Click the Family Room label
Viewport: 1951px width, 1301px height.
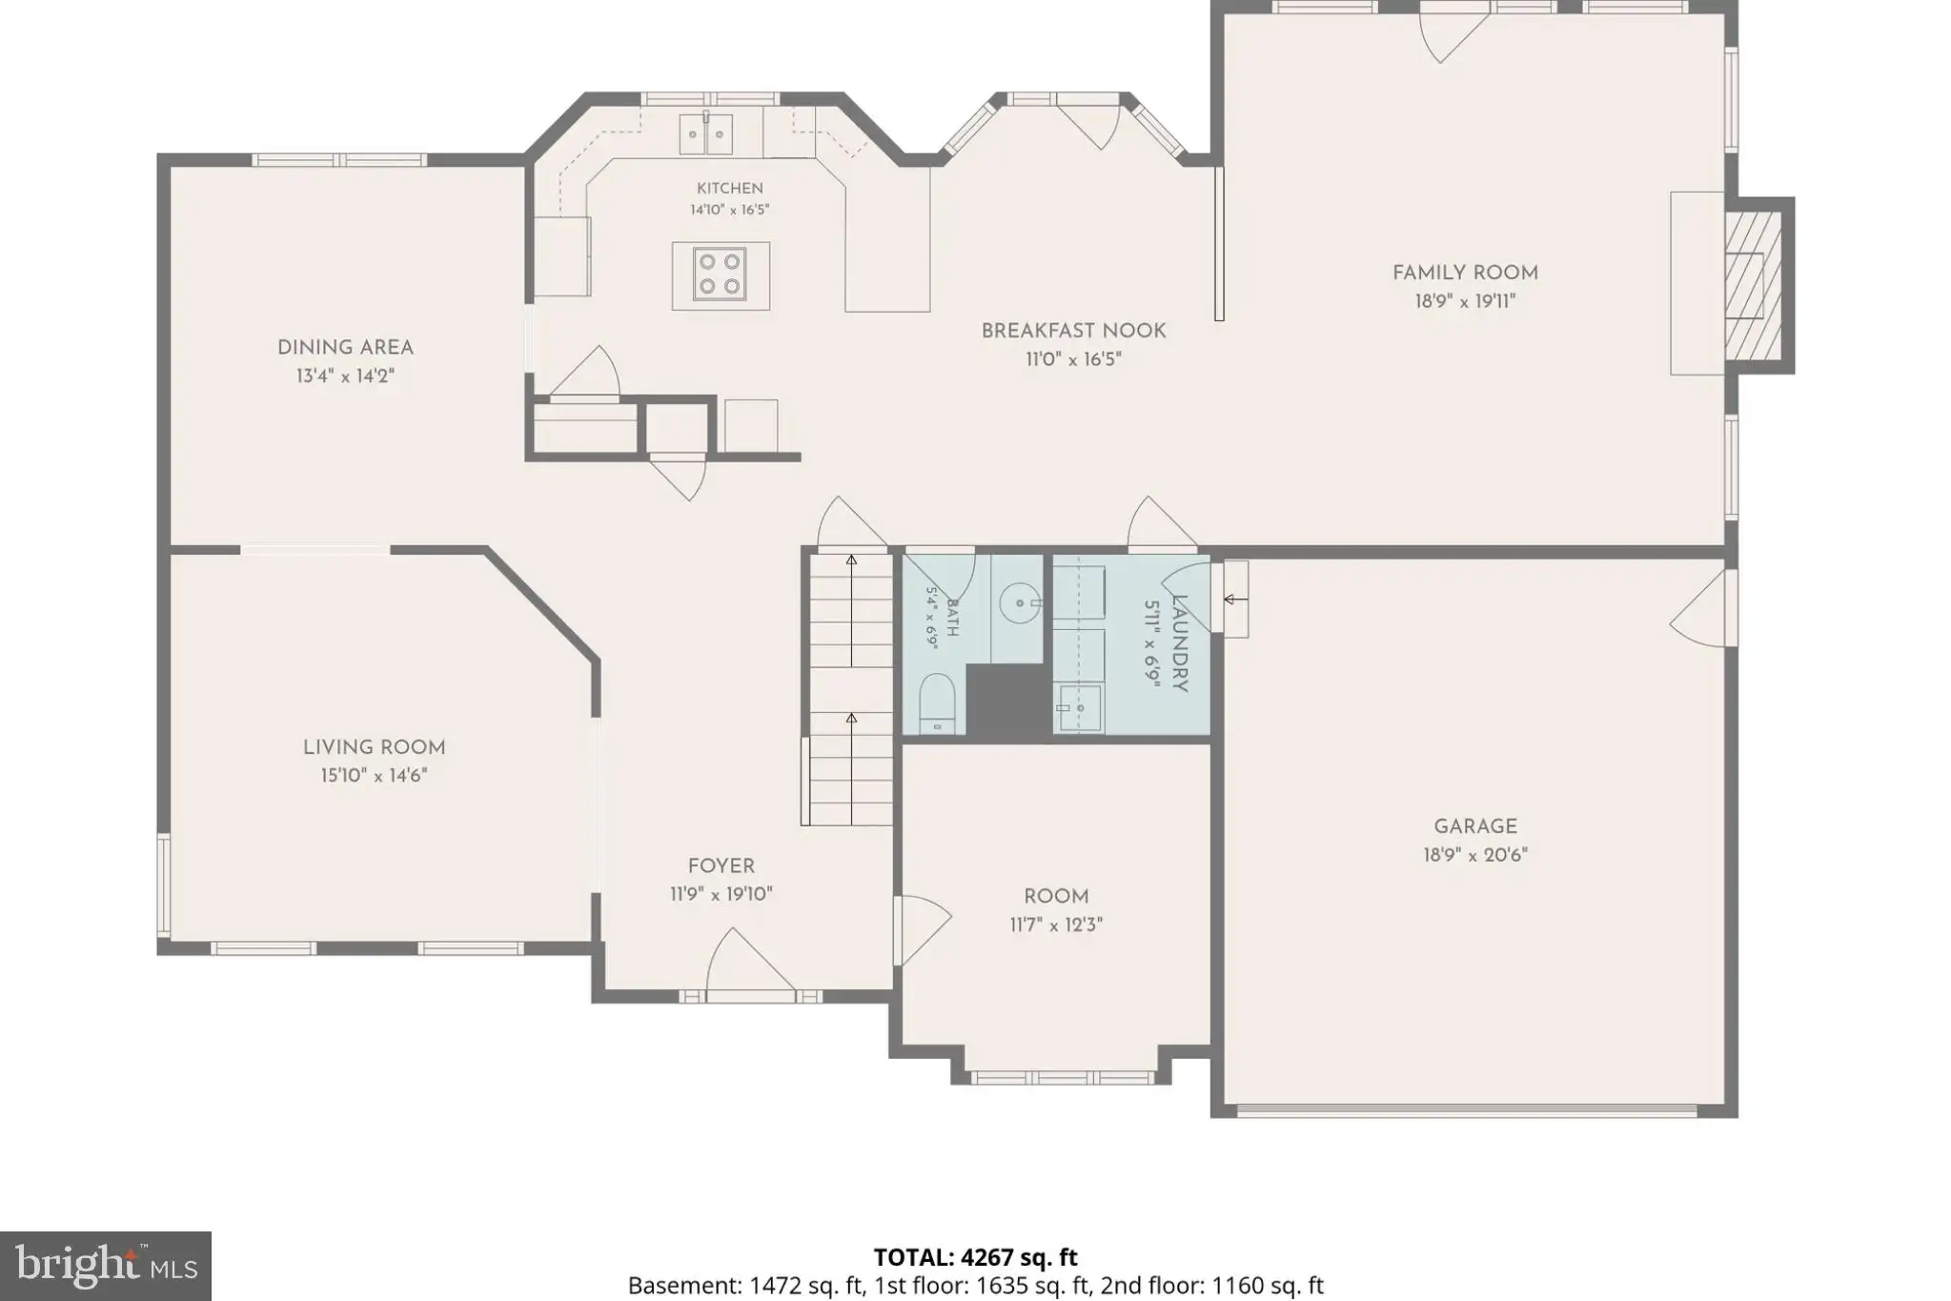(x=1465, y=273)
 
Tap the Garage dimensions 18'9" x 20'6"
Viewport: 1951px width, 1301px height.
(x=1475, y=855)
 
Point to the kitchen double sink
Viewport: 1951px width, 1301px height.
(x=706, y=133)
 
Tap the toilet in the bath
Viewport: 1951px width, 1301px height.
(x=936, y=703)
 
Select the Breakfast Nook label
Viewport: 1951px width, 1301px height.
(x=1074, y=331)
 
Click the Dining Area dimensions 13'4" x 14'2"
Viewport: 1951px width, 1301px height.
(x=345, y=376)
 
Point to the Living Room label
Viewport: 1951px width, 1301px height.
(x=375, y=747)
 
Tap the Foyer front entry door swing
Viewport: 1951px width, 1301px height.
(x=750, y=960)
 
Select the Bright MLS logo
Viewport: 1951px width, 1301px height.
(x=106, y=1266)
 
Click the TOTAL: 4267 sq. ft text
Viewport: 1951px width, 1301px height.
(x=975, y=1258)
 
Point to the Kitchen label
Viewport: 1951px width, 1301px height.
(x=730, y=189)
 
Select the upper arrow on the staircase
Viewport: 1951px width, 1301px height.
(x=851, y=610)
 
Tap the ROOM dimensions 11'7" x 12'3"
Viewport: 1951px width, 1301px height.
(x=1056, y=925)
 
